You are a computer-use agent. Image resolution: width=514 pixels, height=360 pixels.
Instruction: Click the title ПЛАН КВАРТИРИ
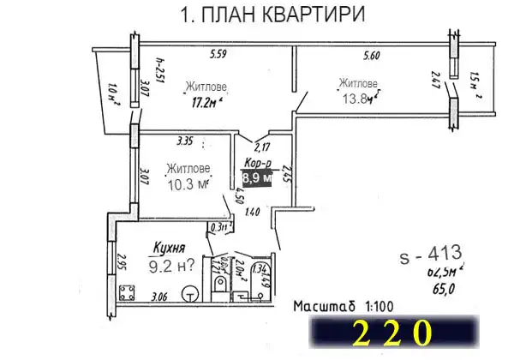pyautogui.click(x=261, y=15)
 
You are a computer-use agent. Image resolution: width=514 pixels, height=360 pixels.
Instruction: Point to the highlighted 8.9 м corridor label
pyautogui.click(x=256, y=178)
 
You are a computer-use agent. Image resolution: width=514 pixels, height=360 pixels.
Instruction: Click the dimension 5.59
pyautogui.click(x=220, y=57)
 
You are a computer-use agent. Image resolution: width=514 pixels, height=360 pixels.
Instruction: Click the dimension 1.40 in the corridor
pyautogui.click(x=254, y=211)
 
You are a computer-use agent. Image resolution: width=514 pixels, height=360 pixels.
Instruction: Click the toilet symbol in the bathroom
pyautogui.click(x=221, y=282)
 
